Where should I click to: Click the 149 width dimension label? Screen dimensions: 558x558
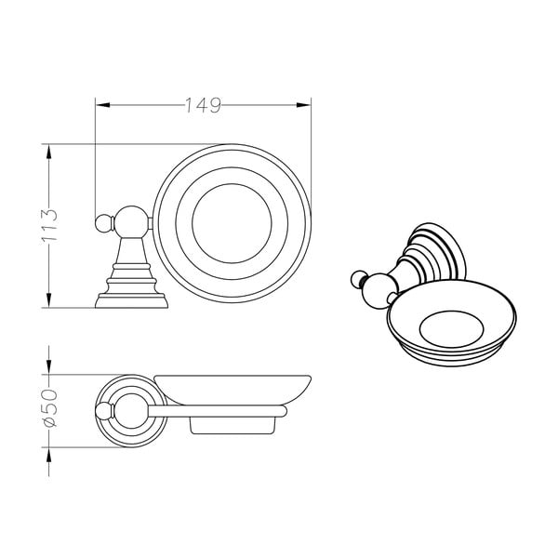pyautogui.click(x=202, y=105)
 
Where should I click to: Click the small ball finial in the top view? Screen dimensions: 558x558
pyautogui.click(x=101, y=223)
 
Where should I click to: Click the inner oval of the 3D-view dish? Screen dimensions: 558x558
pyautogui.click(x=453, y=325)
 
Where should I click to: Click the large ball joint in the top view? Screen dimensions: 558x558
pyautogui.click(x=129, y=223)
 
